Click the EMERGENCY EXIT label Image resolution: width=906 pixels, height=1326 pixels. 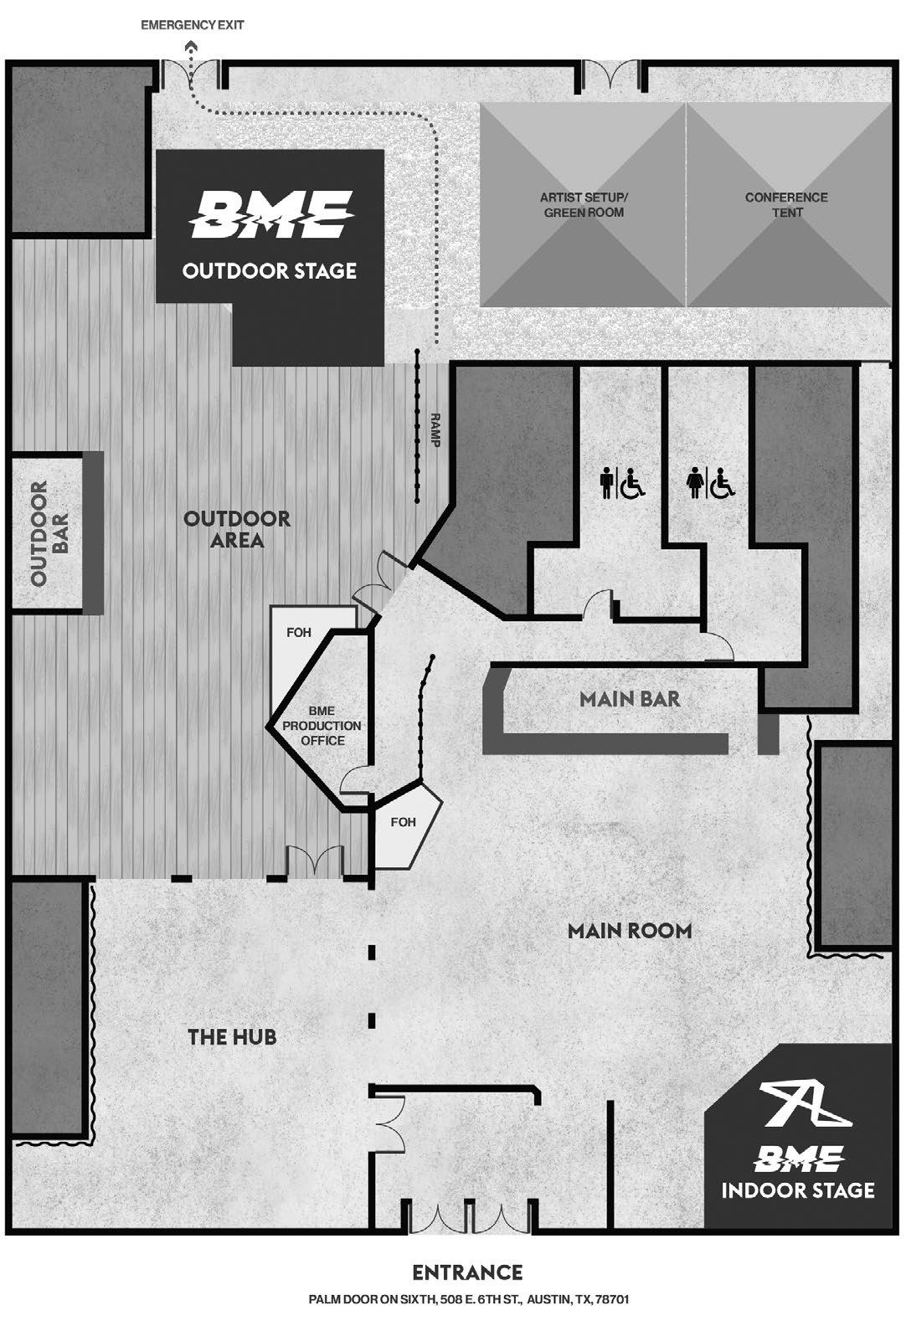point(192,25)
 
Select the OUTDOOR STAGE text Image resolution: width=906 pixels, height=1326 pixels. point(269,271)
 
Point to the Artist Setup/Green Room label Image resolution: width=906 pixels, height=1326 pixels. point(583,205)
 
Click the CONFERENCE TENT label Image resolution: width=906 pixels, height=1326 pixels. point(786,205)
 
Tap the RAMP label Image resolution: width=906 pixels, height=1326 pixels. point(435,429)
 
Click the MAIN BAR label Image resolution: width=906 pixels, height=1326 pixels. point(630,698)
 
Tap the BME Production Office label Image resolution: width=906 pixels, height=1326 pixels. point(322,726)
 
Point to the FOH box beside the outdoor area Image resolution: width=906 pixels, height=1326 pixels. point(299,633)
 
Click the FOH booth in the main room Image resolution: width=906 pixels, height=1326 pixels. point(404,822)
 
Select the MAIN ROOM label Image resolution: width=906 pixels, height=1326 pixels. point(629,930)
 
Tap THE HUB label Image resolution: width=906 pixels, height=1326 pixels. point(232,1037)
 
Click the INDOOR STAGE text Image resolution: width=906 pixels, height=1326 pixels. point(797,1190)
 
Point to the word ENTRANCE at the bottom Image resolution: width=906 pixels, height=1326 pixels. point(467,1273)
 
